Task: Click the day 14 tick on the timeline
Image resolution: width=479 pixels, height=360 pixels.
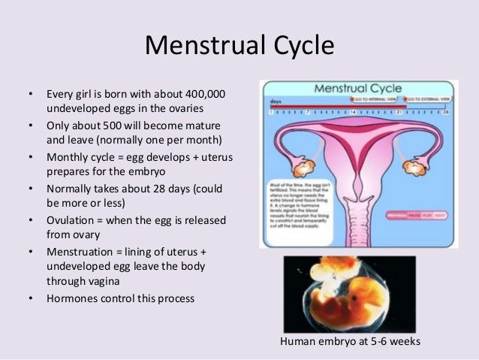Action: click(352, 111)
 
